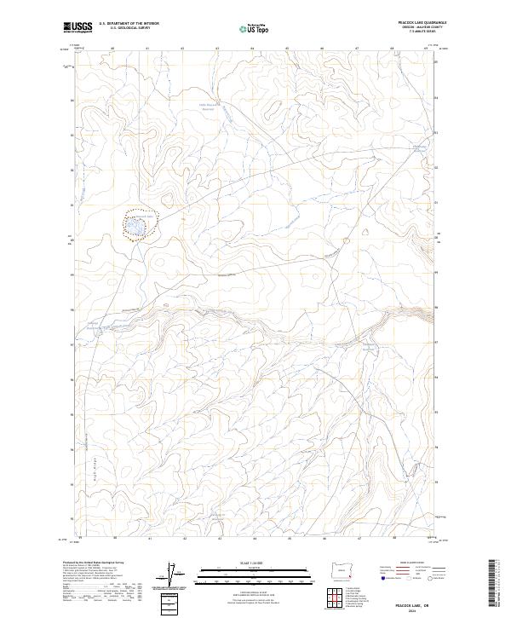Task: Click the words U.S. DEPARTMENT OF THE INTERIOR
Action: click(129, 24)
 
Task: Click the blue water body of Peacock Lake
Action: click(137, 227)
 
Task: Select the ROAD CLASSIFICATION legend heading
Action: click(406, 563)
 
